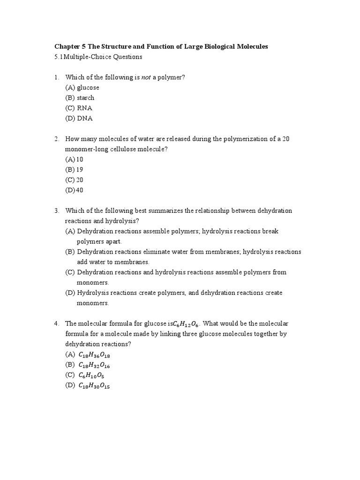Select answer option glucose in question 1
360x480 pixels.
[x=88, y=88]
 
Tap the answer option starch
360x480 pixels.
[x=86, y=98]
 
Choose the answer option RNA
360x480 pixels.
[x=85, y=108]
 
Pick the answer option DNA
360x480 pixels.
[x=85, y=119]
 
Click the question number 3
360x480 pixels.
[x=56, y=211]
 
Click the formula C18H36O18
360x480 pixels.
[x=94, y=355]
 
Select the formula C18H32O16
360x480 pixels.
[x=94, y=366]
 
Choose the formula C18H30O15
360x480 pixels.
[x=94, y=386]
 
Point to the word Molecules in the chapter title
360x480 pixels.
[x=251, y=46]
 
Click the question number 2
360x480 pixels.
[x=56, y=139]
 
